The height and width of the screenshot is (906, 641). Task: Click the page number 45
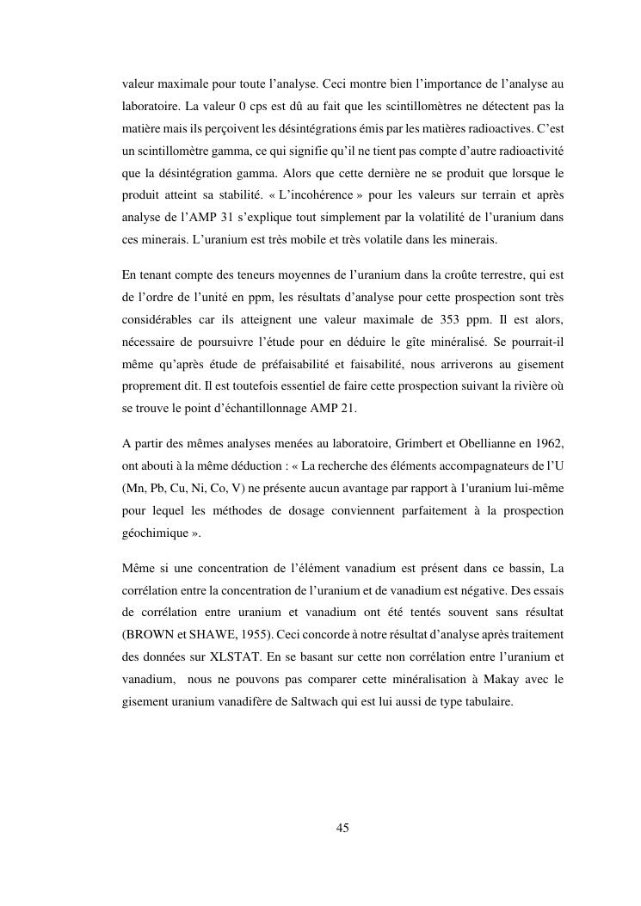click(x=342, y=828)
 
